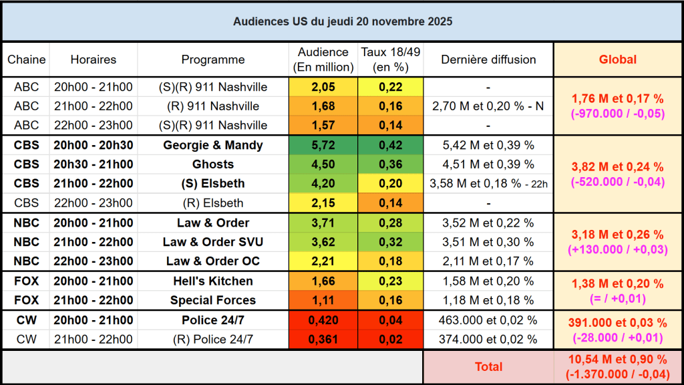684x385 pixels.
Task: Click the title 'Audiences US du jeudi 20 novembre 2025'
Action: [x=342, y=21]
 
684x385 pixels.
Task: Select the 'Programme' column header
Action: [x=213, y=59]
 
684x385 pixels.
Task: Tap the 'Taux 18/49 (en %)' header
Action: [x=391, y=59]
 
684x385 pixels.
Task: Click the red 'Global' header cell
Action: [x=617, y=59]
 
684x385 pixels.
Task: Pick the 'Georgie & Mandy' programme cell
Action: [x=213, y=145]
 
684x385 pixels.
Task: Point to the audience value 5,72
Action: [x=323, y=145]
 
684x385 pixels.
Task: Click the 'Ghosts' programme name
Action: [x=213, y=164]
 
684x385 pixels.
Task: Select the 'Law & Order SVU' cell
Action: [x=213, y=242]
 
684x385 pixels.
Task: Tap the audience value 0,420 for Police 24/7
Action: [x=323, y=319]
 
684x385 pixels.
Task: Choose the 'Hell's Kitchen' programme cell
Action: [x=213, y=281]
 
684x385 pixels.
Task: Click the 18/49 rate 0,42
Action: [x=391, y=145]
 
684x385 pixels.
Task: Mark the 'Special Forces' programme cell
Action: [x=213, y=300]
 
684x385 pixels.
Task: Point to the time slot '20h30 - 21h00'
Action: [x=93, y=164]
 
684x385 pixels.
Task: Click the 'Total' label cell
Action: [x=488, y=366]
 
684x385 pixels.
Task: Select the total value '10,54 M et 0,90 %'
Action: [x=617, y=360]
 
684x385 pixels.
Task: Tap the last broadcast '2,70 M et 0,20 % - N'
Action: [x=488, y=106]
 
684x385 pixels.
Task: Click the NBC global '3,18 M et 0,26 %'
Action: [x=617, y=235]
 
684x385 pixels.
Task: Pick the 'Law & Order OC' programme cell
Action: [x=213, y=261]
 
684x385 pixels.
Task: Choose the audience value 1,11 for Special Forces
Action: [x=323, y=300]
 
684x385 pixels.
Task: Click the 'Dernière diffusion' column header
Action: [x=488, y=59]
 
